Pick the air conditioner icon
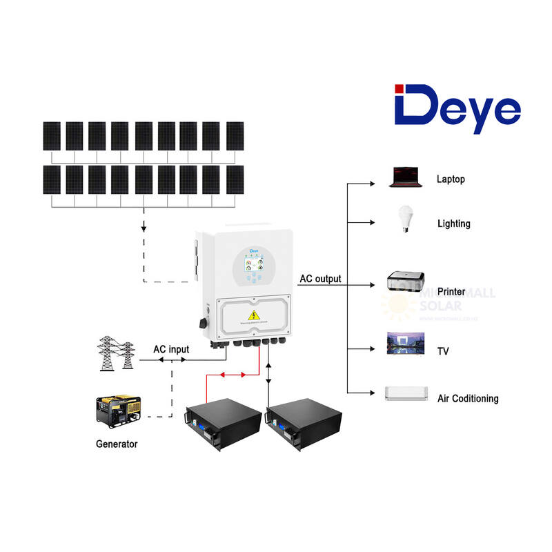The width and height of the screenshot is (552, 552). pos(407,393)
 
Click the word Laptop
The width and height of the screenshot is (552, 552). pos(451,179)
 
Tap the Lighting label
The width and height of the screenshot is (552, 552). pos(453,224)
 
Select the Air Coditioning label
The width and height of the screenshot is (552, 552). pos(467,399)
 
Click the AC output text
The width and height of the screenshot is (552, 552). pos(319,279)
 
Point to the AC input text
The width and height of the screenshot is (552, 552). pos(170,350)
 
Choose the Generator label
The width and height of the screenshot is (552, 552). pos(116,444)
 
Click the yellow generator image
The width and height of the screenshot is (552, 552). pos(117,412)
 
